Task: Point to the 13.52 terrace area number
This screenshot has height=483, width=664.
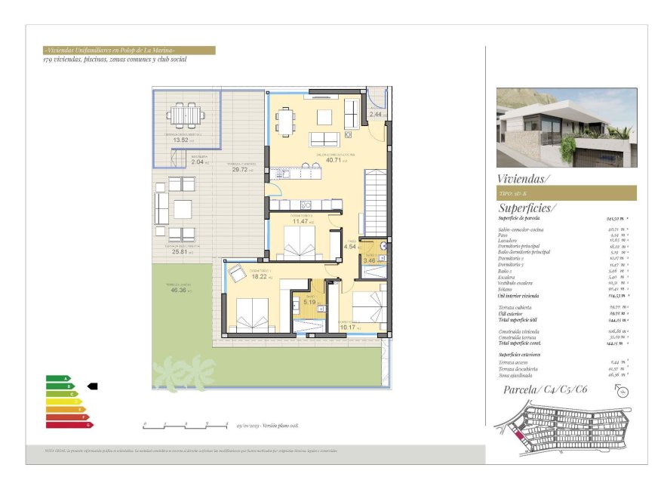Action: [181, 140]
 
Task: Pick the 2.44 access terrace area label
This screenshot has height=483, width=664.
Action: [376, 114]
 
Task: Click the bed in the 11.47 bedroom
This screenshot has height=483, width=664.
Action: [302, 243]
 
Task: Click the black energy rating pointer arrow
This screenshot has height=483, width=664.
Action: [92, 386]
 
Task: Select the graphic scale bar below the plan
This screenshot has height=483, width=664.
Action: [186, 425]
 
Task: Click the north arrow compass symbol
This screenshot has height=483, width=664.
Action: [622, 389]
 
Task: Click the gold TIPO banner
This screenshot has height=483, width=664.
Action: [566, 193]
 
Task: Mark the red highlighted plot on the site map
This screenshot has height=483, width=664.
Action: [517, 435]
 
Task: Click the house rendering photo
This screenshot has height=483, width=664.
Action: [566, 127]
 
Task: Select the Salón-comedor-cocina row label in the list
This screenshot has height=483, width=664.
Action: [521, 229]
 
